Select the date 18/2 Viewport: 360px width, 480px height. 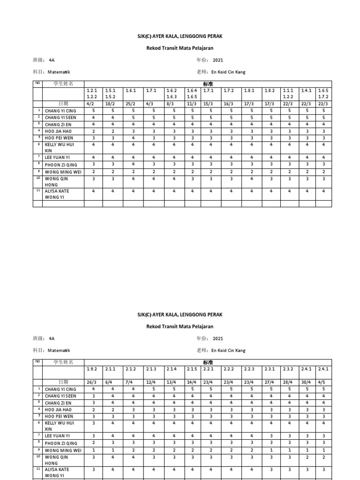(x=110, y=104)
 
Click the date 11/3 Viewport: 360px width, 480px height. (x=192, y=104)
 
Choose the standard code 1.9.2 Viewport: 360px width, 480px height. (x=92, y=369)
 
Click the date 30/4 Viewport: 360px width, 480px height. (x=306, y=382)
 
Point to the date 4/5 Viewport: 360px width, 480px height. (x=323, y=382)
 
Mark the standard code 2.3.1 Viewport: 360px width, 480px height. (x=270, y=369)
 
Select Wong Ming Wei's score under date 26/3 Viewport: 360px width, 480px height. (x=93, y=450)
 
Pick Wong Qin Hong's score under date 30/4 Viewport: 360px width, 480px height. (x=306, y=457)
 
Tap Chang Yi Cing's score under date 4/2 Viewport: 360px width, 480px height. (x=93, y=111)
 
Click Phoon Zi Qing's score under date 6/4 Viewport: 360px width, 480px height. (x=113, y=442)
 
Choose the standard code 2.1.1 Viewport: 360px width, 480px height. (x=111, y=369)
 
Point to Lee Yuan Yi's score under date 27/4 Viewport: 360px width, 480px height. (x=270, y=435)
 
